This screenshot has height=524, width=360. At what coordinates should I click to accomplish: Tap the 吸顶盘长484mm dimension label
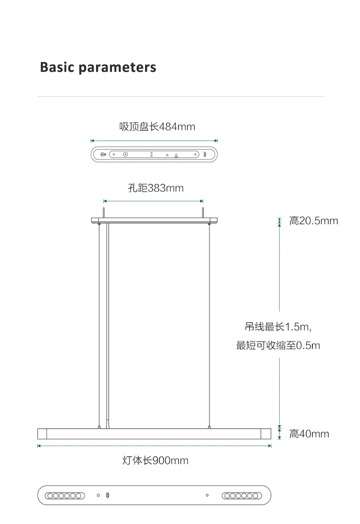(x=157, y=127)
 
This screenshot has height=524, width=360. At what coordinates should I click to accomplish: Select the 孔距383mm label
(x=156, y=188)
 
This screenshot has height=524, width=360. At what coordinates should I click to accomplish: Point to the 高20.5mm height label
(x=314, y=221)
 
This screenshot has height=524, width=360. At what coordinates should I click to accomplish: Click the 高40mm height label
(x=309, y=434)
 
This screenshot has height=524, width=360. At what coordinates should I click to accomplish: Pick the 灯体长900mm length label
(x=156, y=461)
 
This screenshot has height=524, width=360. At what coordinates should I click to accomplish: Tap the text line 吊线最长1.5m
(x=278, y=327)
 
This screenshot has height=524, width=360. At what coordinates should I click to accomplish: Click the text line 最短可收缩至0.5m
(x=278, y=346)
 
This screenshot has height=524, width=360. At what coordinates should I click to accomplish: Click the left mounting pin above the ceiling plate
(x=104, y=212)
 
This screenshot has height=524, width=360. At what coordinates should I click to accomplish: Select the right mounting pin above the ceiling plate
(x=203, y=212)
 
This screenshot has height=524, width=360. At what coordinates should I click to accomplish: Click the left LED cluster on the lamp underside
(x=65, y=496)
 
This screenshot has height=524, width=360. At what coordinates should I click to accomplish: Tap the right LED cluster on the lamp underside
(x=242, y=496)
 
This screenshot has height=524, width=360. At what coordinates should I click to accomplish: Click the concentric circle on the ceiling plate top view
(x=126, y=154)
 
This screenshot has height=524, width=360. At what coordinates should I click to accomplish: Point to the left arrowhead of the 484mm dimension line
(x=92, y=140)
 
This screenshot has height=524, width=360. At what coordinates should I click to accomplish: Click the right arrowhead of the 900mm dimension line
(x=270, y=446)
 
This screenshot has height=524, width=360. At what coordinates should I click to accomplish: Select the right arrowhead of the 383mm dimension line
(x=201, y=201)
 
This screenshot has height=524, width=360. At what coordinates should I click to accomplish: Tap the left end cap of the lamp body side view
(x=42, y=434)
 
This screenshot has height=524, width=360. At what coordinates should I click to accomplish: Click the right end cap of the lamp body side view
(x=266, y=434)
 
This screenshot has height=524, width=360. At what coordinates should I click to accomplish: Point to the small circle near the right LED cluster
(x=207, y=495)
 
